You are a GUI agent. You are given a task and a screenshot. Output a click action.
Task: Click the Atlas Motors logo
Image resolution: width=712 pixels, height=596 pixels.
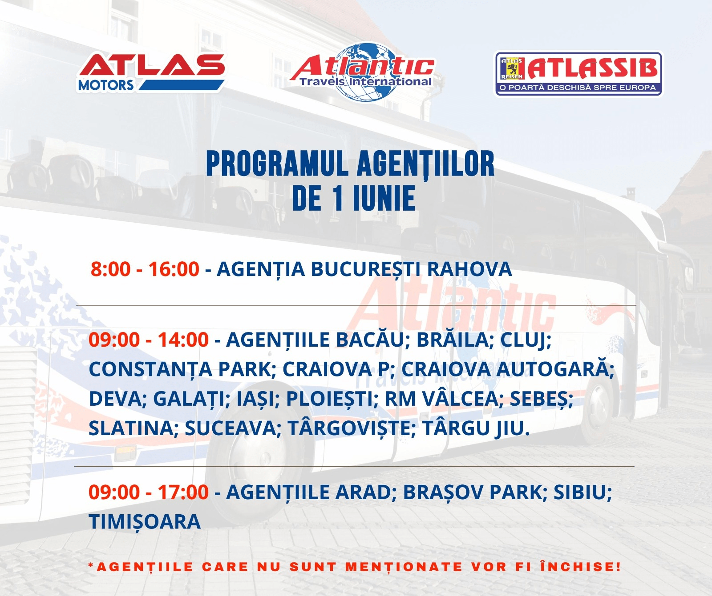(152, 73)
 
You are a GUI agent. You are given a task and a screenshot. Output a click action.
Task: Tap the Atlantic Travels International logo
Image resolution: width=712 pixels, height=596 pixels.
(363, 71)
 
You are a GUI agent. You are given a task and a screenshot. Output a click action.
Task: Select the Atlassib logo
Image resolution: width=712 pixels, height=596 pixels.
(578, 74)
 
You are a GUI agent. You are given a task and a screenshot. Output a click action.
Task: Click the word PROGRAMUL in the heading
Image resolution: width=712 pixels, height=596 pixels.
(277, 164)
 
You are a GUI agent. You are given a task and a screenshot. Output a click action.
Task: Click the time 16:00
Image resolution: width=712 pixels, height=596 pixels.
(174, 269)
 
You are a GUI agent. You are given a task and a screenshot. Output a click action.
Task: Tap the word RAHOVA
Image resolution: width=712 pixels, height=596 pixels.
(469, 269)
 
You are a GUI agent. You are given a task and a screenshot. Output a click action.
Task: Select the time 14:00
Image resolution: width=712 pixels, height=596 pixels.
(183, 340)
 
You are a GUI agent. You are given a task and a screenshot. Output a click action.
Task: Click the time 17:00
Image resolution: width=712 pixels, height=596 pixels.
(183, 492)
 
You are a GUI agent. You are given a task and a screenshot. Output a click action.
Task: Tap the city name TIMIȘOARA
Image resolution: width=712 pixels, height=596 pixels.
(145, 522)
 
